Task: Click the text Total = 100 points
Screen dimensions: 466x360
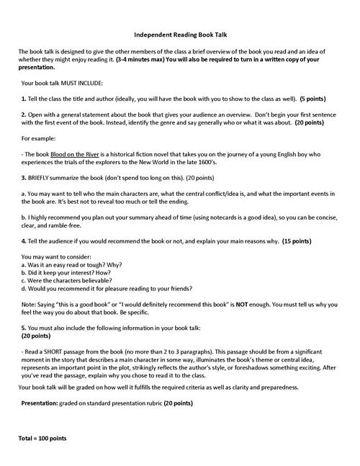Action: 43,438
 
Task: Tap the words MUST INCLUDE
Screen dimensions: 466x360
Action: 87,83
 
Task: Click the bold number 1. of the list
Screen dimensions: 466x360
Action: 24,98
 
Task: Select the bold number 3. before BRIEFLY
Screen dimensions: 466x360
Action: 24,177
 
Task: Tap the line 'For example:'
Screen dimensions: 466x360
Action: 42,138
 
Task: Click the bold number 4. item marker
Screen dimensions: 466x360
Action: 24,239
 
